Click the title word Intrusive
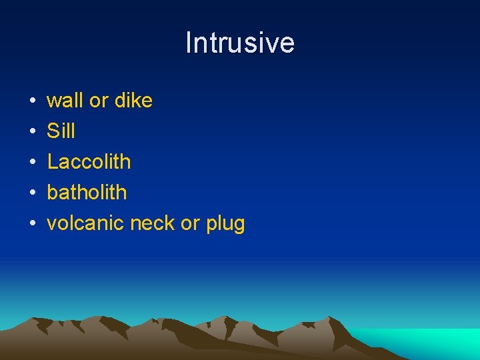pyautogui.click(x=240, y=43)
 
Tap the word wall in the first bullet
pyautogui.click(x=65, y=101)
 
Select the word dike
pyautogui.click(x=133, y=101)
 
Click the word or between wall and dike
pyautogui.click(x=99, y=101)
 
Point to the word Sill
pyautogui.click(x=61, y=131)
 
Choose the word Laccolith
pyautogui.click(x=89, y=162)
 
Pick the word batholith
pyautogui.click(x=87, y=193)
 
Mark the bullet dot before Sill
pyautogui.click(x=33, y=132)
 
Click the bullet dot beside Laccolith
pyautogui.click(x=33, y=163)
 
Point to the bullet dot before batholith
pyautogui.click(x=33, y=193)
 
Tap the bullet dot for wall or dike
pyautogui.click(x=33, y=101)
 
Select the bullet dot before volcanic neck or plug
pyautogui.click(x=33, y=224)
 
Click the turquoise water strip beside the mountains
pyautogui.click(x=427, y=340)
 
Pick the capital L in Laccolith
pyautogui.click(x=52, y=162)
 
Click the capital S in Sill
pyautogui.click(x=53, y=131)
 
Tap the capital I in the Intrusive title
pyautogui.click(x=189, y=43)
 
